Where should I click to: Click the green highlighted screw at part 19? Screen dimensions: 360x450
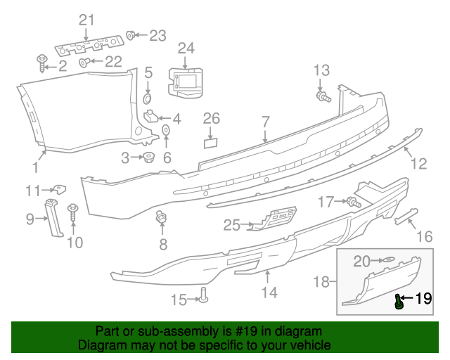tap(399, 302)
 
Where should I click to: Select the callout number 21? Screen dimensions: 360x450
tap(86, 20)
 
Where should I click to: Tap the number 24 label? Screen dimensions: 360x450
tap(186, 48)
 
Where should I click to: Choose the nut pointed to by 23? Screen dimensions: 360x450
tap(131, 34)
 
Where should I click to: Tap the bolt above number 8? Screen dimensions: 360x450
tap(161, 219)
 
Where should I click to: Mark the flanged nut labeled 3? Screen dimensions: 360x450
tap(148, 157)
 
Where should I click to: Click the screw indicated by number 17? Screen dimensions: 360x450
tap(353, 202)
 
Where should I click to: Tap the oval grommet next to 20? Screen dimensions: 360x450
tap(387, 262)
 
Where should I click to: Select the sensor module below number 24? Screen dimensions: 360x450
tap(185, 81)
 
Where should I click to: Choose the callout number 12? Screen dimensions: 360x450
tap(418, 164)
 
